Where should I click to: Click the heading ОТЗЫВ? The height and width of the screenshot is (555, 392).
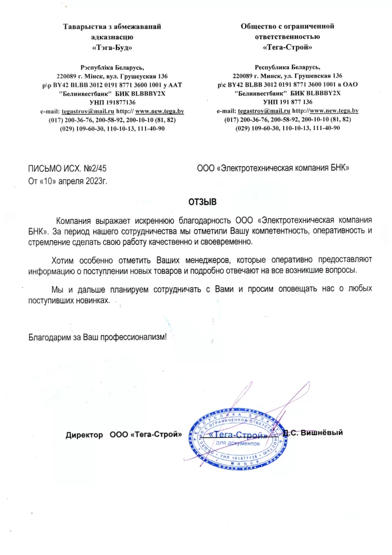point(202,202)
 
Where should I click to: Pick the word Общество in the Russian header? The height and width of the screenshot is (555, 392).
point(264,26)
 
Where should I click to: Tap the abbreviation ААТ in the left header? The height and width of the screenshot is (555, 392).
point(177,85)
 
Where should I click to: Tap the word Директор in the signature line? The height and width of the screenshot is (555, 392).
point(84,435)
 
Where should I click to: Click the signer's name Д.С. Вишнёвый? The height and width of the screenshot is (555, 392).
point(314,433)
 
